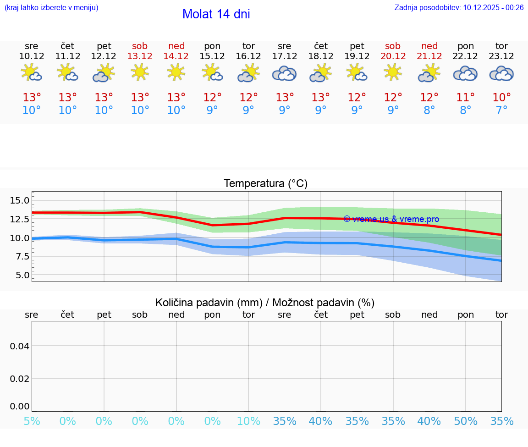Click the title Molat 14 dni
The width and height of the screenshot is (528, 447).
coord(216,14)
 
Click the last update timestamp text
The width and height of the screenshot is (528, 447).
coord(459,7)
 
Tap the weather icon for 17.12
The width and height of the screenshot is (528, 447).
coord(284,73)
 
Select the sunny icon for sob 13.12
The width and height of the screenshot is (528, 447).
coord(140,72)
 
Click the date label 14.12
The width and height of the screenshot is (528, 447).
coord(176,56)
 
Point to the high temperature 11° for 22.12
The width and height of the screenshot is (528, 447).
coord(465,98)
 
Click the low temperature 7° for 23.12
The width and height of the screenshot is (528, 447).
coord(501,110)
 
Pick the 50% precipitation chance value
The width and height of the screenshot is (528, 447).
coord(465,421)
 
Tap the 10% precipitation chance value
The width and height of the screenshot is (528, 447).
coord(248,421)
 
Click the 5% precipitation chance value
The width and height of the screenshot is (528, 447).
coord(32,421)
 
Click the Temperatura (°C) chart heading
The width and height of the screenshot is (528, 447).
coord(265,184)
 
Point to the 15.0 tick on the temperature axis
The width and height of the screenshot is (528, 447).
coord(20,200)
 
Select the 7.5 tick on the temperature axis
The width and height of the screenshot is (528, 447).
coord(22,257)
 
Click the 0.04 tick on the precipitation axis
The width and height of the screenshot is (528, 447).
coord(20,346)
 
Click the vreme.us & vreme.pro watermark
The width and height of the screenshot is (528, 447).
coord(391,219)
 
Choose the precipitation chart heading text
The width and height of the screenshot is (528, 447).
coord(265,303)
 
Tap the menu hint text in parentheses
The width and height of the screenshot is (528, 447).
coord(51,7)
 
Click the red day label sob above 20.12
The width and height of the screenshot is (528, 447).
coord(393,46)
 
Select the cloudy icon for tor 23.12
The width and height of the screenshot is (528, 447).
coord(501,73)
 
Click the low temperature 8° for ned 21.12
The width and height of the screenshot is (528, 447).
coord(429,110)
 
